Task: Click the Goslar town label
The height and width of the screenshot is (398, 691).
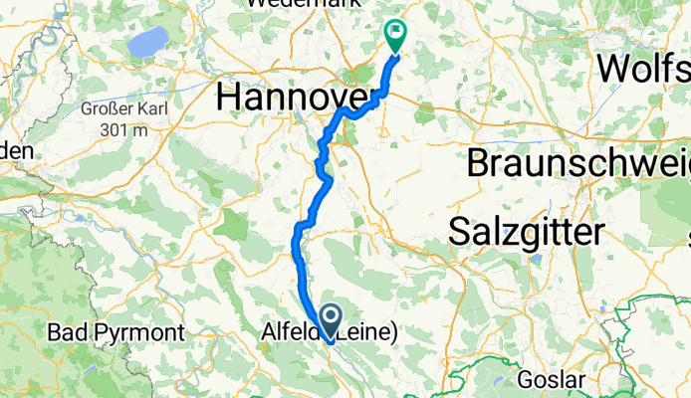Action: [547, 380]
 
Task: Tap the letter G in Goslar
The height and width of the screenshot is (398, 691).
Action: [525, 380]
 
